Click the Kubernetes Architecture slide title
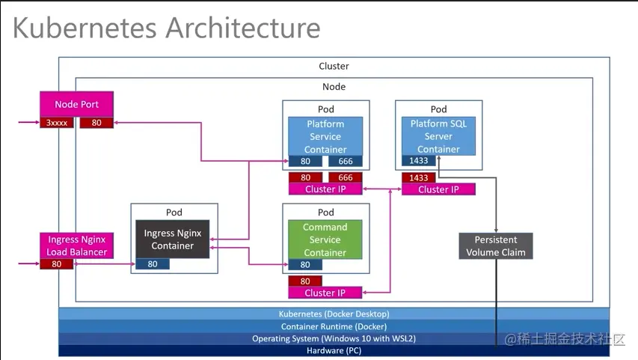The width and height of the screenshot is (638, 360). [x=166, y=28]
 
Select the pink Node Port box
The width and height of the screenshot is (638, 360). [x=76, y=104]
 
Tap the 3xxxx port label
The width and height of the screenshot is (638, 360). [x=56, y=122]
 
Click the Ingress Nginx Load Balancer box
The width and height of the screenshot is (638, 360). [x=76, y=245]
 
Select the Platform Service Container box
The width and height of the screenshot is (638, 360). [x=325, y=136]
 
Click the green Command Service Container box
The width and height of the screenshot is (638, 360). [x=325, y=239]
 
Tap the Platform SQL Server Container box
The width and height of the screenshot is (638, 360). [x=438, y=135]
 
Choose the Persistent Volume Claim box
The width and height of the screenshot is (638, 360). [x=495, y=246]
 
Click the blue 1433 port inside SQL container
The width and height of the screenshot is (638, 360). [x=419, y=161]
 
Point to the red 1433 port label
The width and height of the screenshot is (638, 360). [x=419, y=177]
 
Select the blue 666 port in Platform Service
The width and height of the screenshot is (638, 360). [x=345, y=161]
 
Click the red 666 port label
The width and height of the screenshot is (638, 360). [x=345, y=177]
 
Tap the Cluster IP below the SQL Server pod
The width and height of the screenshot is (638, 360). [x=438, y=189]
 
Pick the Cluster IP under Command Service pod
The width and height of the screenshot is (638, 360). [x=325, y=293]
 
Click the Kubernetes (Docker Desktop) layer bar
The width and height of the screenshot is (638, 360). [x=334, y=314]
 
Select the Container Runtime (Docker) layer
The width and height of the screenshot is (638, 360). [x=334, y=326]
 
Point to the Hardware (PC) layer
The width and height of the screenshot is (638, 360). [x=334, y=350]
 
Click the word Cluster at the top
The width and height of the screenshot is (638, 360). [x=334, y=66]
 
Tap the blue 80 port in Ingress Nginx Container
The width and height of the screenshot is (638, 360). [x=153, y=263]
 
